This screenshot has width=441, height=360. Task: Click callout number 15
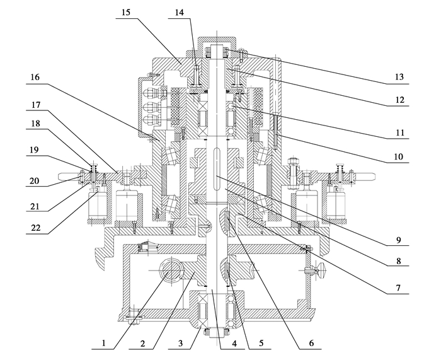tap(126, 13)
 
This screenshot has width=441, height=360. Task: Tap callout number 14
tap(179, 13)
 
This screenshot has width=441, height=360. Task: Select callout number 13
tap(399, 77)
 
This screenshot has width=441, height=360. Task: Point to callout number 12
tap(399, 100)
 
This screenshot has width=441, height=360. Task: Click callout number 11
tap(399, 132)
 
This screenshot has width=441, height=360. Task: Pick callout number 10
tap(398, 156)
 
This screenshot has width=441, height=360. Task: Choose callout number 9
tap(398, 240)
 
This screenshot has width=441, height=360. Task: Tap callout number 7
tap(398, 288)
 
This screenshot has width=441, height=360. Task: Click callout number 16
tap(35, 77)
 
